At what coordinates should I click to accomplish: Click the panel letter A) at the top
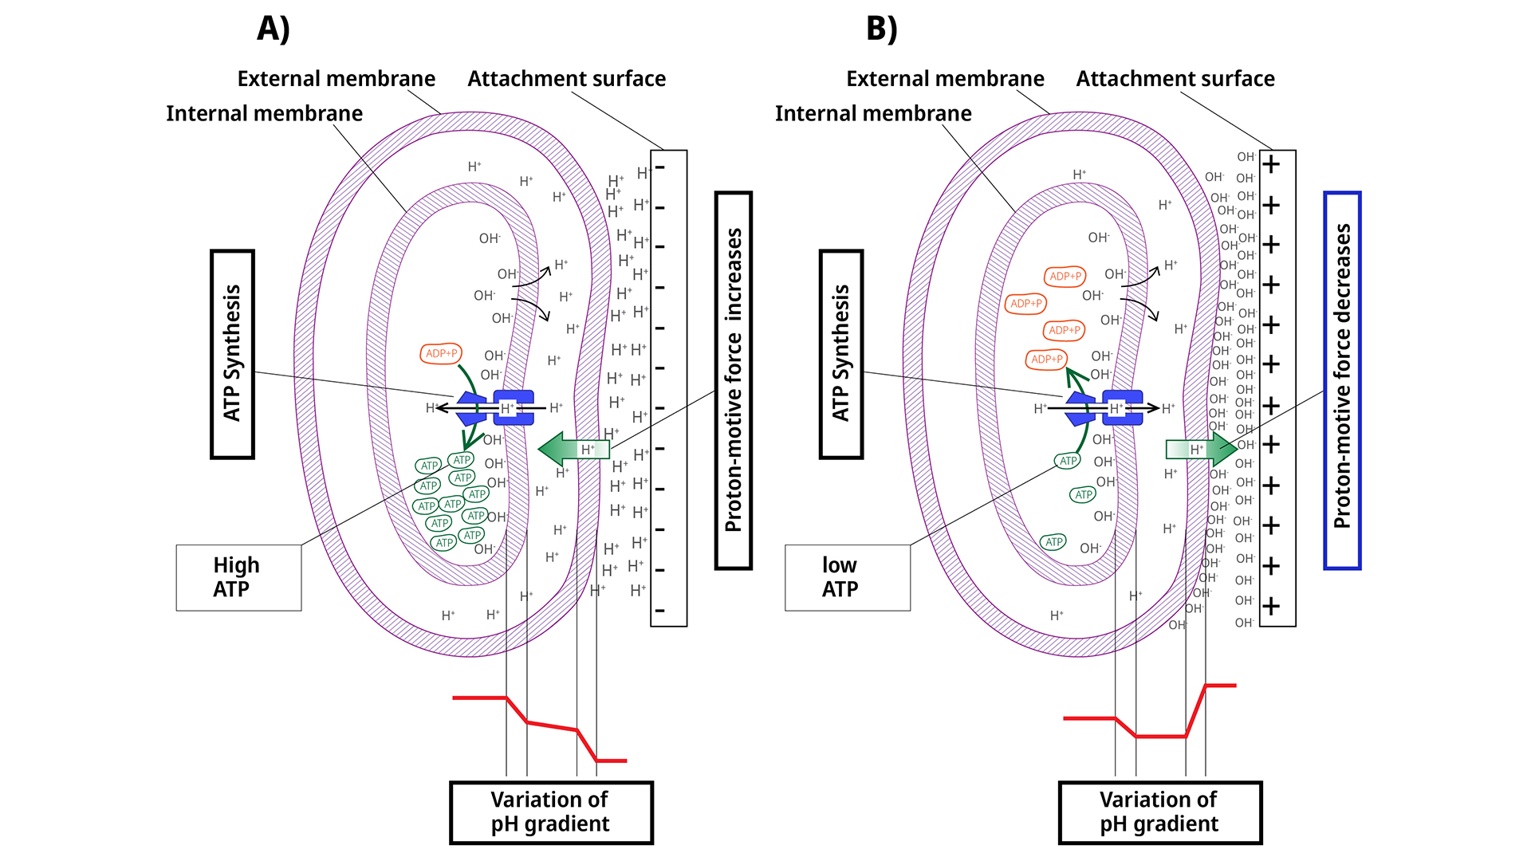click(274, 29)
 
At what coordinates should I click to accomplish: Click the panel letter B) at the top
click(882, 29)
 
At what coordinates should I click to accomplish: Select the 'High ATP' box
click(238, 577)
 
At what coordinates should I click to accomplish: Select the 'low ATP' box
click(847, 577)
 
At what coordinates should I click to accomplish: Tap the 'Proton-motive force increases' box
click(734, 380)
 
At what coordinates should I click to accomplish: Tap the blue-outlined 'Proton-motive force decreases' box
click(1342, 380)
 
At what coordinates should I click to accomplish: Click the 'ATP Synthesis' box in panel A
click(232, 354)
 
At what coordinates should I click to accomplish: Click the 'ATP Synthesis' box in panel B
click(841, 354)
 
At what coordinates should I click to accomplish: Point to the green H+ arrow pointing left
click(573, 450)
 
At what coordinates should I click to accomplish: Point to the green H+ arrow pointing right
click(1201, 450)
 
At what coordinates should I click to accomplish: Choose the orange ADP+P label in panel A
click(441, 353)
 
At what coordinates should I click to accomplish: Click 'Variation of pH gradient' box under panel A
click(551, 812)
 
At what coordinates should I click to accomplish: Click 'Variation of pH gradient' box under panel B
click(1160, 812)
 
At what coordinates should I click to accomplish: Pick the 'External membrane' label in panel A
click(337, 79)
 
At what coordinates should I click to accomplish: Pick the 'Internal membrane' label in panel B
click(873, 114)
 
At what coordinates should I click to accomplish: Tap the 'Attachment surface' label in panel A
click(566, 79)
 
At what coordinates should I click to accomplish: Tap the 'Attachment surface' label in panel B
click(1175, 79)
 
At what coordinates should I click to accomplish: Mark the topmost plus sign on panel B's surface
click(1272, 165)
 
